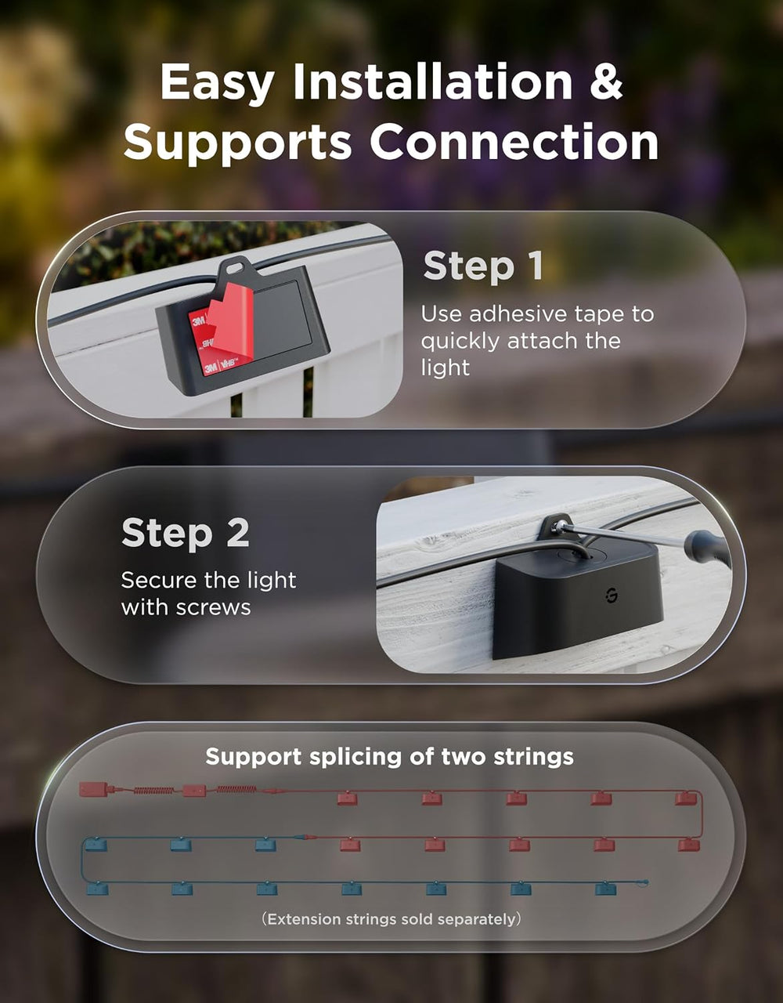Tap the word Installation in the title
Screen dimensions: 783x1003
433,81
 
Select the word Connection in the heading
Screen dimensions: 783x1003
514,141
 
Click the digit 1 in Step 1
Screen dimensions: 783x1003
536,266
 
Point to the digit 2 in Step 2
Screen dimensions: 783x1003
238,533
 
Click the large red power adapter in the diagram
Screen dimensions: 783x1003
93,789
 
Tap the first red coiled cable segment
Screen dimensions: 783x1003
154,791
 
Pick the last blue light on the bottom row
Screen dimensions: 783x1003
605,888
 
